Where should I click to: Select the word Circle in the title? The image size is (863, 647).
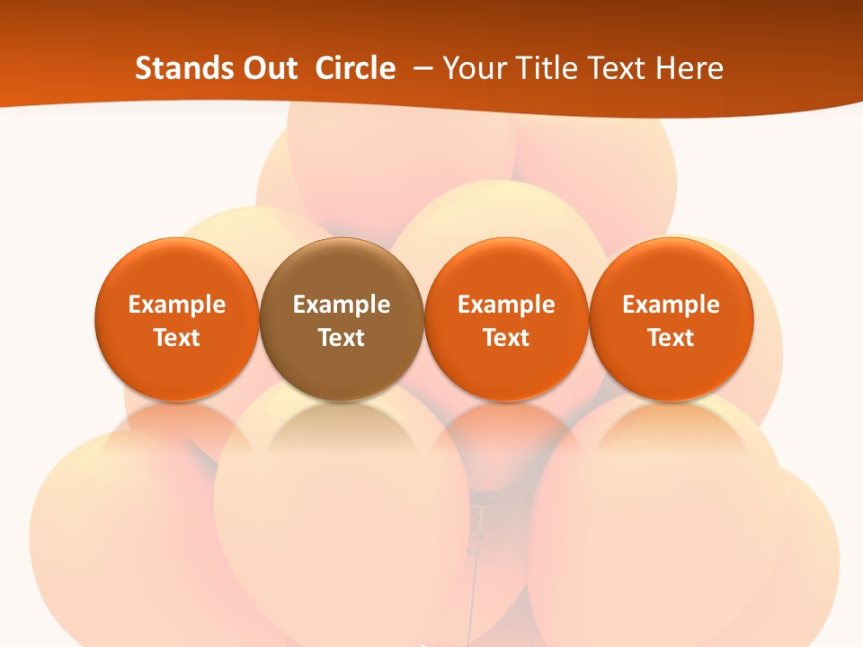point(355,68)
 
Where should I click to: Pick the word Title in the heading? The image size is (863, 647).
point(543,68)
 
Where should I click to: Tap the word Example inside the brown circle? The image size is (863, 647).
point(342,305)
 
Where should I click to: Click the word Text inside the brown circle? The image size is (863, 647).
point(342,338)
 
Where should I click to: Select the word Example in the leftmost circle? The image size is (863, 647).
point(177,305)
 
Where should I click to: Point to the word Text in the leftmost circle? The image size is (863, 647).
point(177,338)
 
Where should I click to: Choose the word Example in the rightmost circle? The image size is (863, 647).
point(671,305)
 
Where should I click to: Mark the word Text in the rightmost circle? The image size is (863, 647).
point(671,338)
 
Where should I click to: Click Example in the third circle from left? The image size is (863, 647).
point(506,305)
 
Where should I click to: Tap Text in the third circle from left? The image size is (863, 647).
point(506,338)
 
